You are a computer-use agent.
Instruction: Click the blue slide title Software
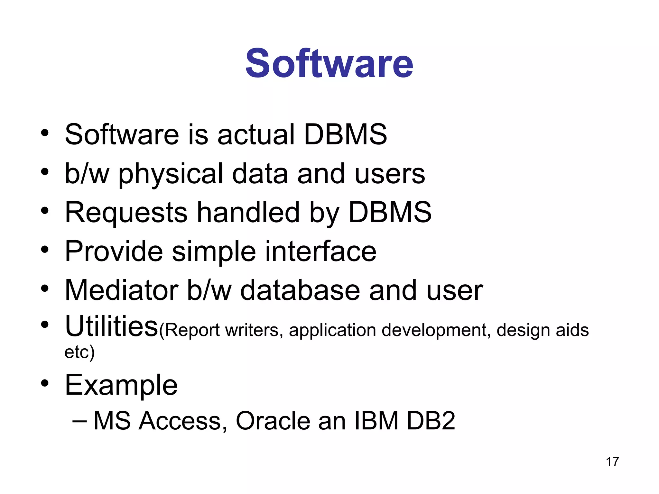click(x=329, y=63)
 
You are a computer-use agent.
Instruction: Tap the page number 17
click(x=612, y=462)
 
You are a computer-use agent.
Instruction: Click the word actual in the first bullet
click(x=256, y=134)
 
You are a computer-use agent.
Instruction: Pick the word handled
click(x=248, y=212)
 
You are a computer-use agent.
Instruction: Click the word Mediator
click(x=122, y=290)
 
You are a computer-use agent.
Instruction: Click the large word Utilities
click(x=111, y=327)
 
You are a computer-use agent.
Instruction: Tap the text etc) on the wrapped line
click(x=79, y=352)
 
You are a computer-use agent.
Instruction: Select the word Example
click(x=121, y=385)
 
